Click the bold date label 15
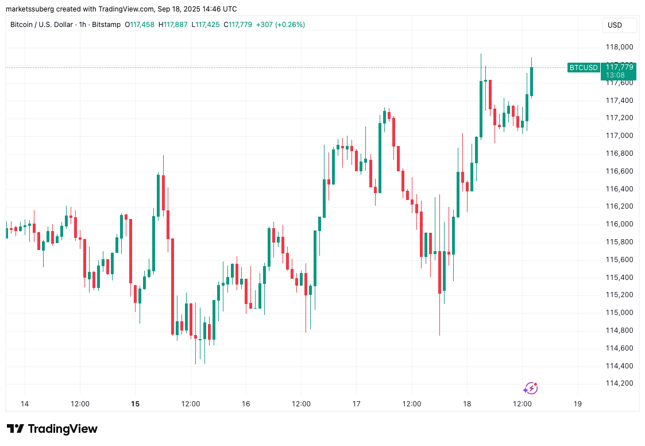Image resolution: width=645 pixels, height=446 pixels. coord(135,404)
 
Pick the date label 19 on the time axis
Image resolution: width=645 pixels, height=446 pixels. coord(577,404)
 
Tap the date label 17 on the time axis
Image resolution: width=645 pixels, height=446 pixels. coord(356,404)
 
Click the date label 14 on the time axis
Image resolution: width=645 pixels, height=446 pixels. coord(25,404)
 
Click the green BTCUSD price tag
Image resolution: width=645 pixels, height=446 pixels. coord(583,68)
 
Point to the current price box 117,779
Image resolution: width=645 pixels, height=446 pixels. coord(619,68)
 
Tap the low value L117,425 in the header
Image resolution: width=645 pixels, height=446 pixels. coord(206,25)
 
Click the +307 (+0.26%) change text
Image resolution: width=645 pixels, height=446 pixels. coord(280,25)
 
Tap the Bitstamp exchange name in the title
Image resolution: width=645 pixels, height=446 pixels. coord(106,25)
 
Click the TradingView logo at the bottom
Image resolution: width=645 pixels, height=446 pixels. coord(52,429)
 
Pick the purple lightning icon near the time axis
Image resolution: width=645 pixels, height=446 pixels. coord(530,389)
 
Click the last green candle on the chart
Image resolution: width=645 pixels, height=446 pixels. coord(532,82)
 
